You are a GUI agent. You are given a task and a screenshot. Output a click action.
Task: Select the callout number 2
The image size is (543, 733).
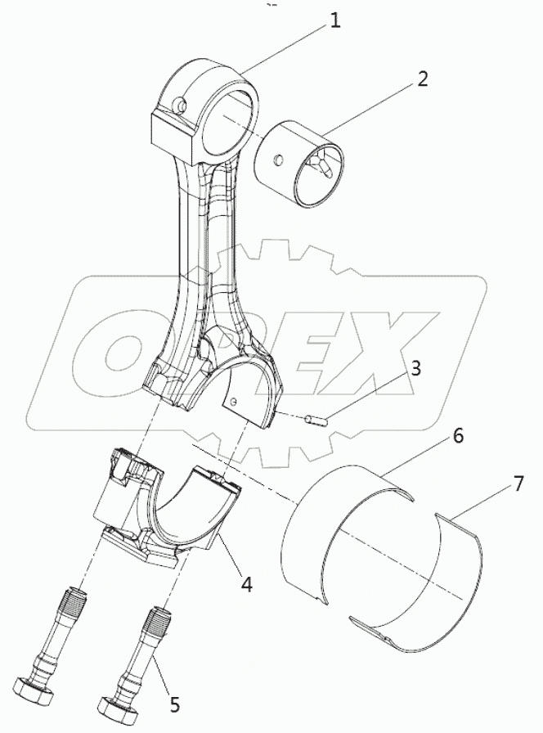pos(422,79)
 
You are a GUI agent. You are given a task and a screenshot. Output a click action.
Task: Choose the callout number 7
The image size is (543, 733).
pos(518,484)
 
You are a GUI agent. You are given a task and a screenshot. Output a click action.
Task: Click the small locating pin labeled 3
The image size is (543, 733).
pos(315,422)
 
